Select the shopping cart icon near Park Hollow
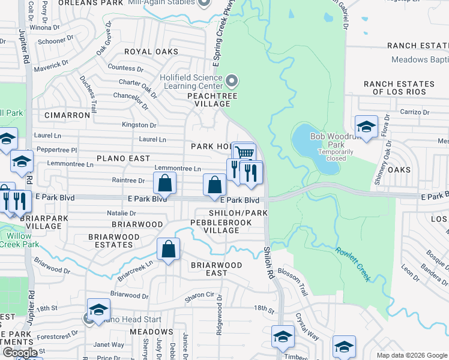tap(244, 154)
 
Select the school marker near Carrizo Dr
tap(366, 127)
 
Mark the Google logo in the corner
tap(20, 353)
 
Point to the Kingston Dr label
tap(139, 125)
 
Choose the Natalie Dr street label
tap(121, 213)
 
